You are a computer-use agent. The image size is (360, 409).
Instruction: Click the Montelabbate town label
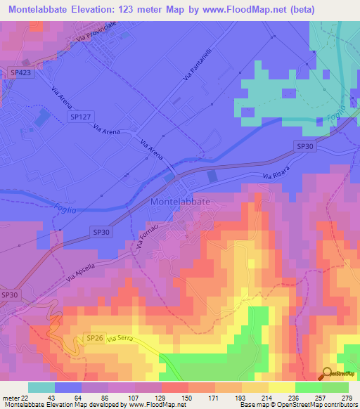click(180, 201)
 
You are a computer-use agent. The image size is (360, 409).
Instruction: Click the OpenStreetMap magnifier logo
click(328, 374)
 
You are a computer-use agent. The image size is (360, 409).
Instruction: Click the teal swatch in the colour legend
click(41, 387)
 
